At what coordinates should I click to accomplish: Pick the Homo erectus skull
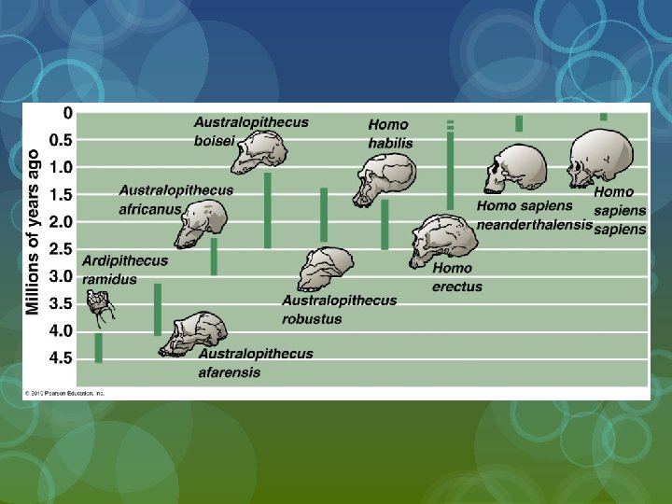click(x=443, y=239)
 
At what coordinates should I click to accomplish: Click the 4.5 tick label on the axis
click(x=62, y=357)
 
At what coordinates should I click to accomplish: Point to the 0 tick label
click(x=67, y=113)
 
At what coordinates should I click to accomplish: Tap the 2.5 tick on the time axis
click(x=62, y=249)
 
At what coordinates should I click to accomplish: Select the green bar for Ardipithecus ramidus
click(x=98, y=347)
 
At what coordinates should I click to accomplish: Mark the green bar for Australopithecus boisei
click(x=268, y=210)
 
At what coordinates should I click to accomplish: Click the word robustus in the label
click(x=312, y=318)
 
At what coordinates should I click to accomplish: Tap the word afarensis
click(x=230, y=371)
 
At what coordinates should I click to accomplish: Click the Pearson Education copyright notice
click(x=64, y=393)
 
